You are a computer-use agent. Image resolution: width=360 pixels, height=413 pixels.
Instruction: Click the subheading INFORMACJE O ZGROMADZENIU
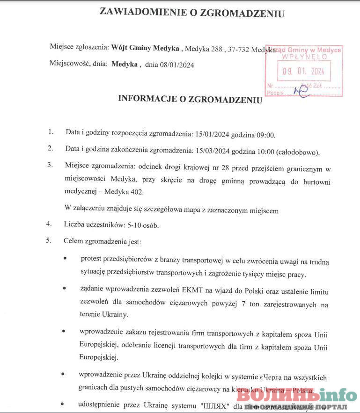coord(190,99)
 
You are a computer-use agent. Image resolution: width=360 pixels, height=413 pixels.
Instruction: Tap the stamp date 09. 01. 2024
coord(303,72)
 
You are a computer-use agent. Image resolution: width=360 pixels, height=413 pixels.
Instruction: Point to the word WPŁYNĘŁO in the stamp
coord(304,57)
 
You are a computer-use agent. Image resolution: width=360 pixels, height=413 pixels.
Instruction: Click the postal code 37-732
coord(239,48)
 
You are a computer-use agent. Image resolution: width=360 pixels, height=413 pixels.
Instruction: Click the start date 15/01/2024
coord(212,135)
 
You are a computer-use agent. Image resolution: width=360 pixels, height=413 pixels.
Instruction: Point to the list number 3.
coord(50,165)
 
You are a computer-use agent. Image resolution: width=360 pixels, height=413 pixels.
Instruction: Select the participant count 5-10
coord(134,225)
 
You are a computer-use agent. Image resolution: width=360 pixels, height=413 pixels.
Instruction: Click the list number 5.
coord(48,241)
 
